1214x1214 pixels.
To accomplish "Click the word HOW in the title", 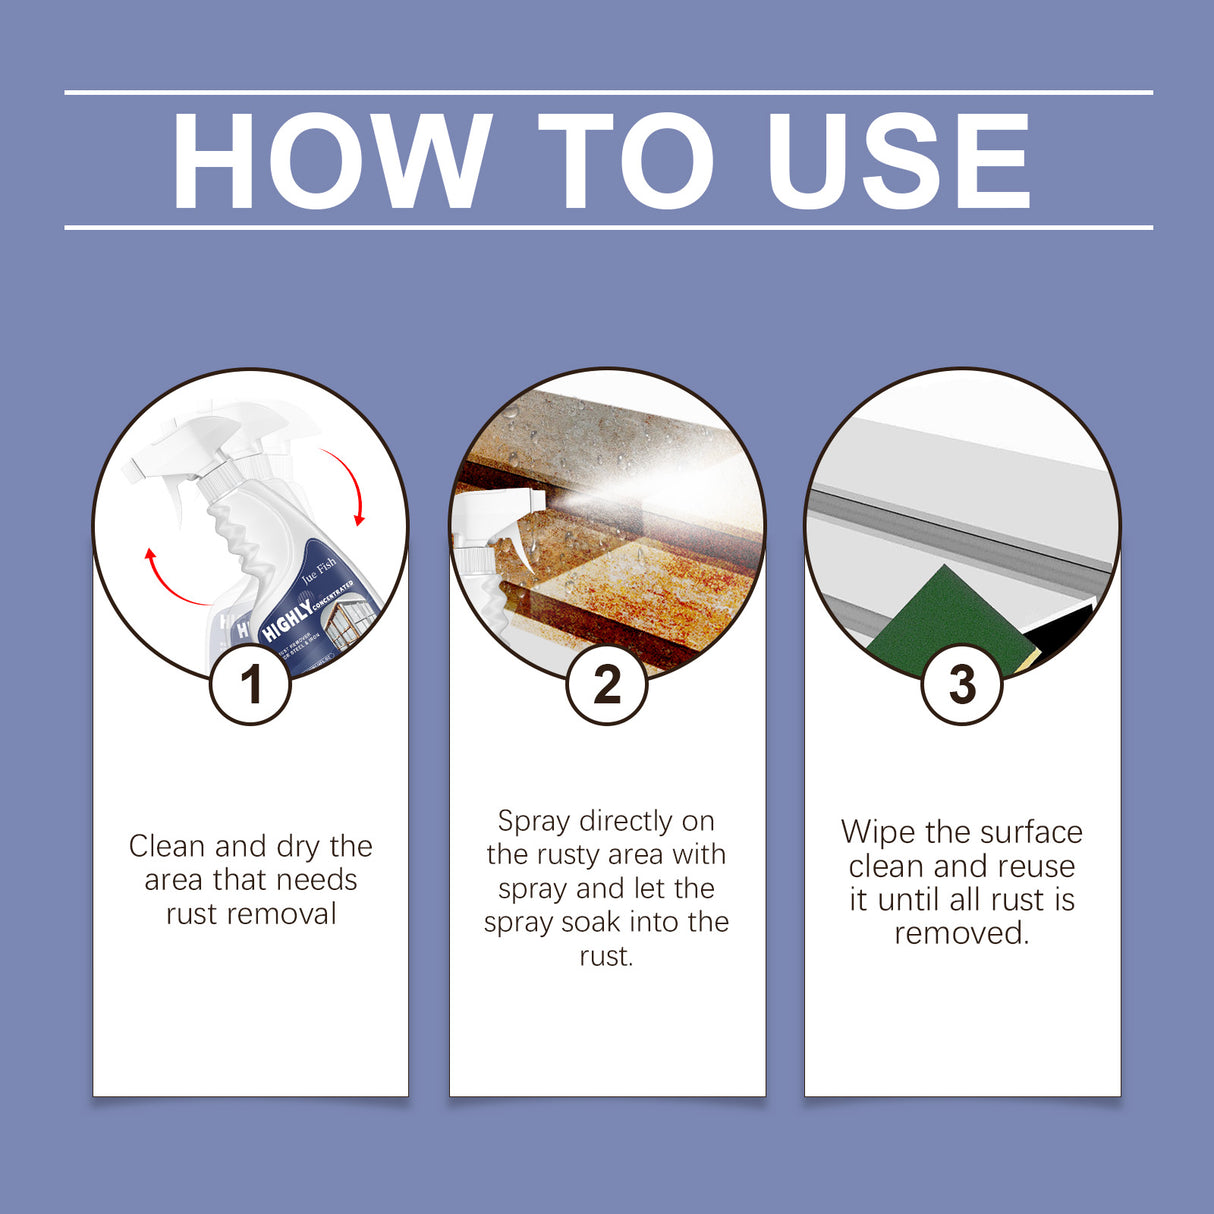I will (331, 162).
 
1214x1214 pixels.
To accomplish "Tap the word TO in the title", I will (626, 162).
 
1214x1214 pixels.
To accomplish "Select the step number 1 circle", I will (250, 685).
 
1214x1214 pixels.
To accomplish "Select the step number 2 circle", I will (607, 685).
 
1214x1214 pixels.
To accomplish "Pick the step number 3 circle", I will (961, 685).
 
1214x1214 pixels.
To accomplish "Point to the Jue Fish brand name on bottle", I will (319, 571).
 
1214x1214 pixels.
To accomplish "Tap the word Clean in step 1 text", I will (168, 847).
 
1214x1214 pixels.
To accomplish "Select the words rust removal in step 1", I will (251, 914).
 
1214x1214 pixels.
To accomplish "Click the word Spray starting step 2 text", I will (534, 822).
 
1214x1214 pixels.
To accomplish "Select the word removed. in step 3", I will (961, 933).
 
